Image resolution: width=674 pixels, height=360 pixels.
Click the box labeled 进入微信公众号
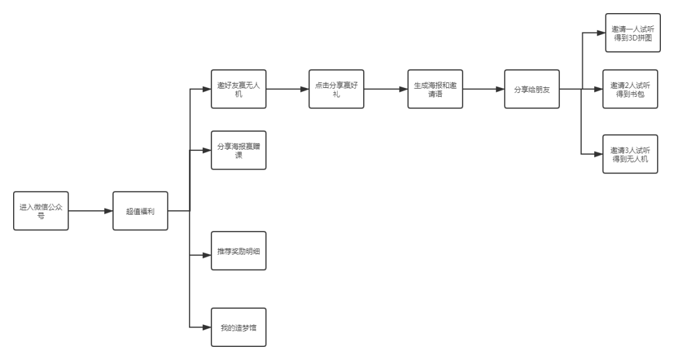pos(41,212)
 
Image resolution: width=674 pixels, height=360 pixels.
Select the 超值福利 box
pos(140,212)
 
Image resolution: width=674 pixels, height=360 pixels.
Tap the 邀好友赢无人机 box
pos(238,89)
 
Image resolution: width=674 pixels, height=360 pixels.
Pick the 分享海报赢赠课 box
pos(238,150)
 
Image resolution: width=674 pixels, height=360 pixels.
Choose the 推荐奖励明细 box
pos(238,251)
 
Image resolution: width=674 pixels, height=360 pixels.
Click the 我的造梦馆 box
pos(238,327)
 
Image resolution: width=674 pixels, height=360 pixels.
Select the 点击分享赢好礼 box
pos(336,89)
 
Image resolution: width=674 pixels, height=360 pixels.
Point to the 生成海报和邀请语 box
pos(435,89)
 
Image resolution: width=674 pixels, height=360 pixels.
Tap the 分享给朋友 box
pos(532,89)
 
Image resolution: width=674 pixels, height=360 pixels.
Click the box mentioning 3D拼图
pos(632,33)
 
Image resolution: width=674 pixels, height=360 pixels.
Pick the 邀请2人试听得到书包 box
pos(630,89)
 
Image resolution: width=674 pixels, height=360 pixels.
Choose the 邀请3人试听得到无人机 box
pos(630,154)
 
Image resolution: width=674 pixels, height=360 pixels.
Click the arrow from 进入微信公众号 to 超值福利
pos(90,212)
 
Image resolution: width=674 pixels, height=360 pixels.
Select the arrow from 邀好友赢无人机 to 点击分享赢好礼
pos(288,89)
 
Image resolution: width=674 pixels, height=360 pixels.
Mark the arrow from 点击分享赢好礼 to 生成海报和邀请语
pos(386,89)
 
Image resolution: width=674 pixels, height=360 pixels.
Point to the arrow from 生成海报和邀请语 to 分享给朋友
pos(484,89)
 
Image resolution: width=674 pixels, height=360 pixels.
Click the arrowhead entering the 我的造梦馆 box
pos(207,327)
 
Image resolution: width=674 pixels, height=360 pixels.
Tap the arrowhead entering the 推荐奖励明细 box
pos(207,255)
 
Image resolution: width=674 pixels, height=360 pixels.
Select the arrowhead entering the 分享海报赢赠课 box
pos(207,150)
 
